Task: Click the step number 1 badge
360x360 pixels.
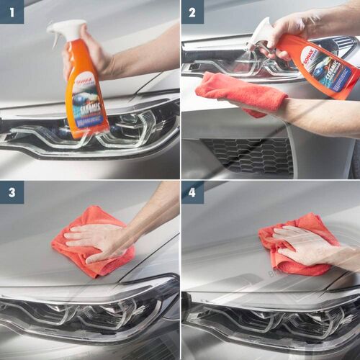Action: click(12, 12)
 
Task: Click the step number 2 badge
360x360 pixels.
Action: click(192, 12)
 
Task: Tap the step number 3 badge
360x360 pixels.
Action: click(12, 192)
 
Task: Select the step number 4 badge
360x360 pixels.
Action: click(192, 192)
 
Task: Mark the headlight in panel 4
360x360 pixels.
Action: click(274, 317)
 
